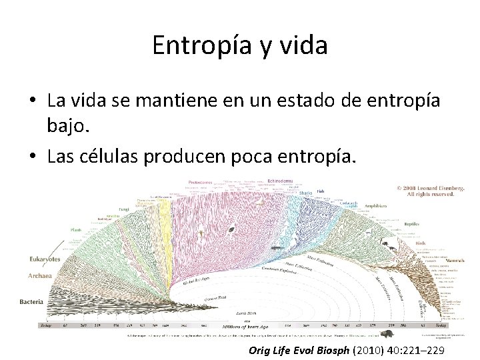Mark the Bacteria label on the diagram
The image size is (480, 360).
coord(31,301)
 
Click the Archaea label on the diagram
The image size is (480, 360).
coord(39,275)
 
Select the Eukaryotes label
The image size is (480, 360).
coord(45,259)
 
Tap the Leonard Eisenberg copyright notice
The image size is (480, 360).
coord(427,191)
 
